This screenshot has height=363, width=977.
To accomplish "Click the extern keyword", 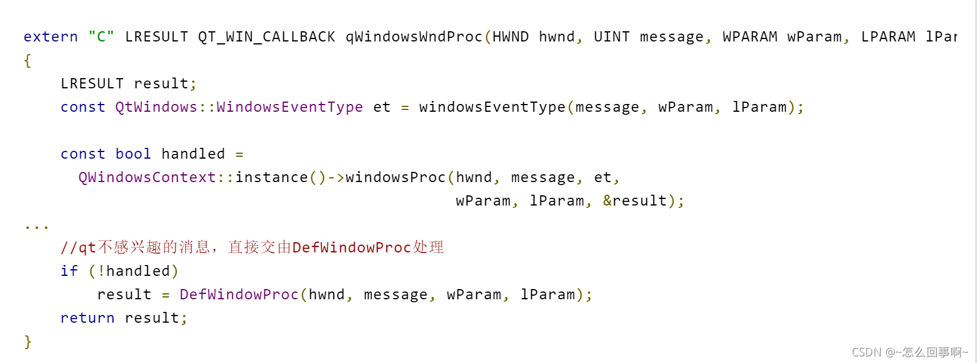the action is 50,37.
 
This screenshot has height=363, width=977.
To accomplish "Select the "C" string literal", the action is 101,37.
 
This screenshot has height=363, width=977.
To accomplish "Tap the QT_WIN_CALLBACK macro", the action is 266,37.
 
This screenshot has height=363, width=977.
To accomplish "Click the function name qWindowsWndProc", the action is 414,37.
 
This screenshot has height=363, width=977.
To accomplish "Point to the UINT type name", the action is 612,37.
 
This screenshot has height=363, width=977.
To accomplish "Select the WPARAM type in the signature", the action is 750,37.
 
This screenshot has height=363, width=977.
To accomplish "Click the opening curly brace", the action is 28,60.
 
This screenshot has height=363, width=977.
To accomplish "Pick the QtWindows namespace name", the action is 156,107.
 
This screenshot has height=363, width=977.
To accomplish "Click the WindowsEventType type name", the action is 289,107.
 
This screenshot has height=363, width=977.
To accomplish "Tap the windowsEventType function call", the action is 492,107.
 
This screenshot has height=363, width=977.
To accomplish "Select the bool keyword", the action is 133,154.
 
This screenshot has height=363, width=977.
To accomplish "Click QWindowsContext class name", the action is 147,177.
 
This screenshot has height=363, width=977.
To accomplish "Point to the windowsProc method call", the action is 395,177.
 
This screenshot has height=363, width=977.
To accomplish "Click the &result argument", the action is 635,201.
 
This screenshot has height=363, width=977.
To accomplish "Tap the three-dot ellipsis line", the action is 37,227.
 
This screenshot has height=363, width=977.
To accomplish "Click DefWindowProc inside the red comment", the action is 351,248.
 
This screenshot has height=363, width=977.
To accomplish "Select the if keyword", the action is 69,271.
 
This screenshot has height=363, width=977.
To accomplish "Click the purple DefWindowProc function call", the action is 239,294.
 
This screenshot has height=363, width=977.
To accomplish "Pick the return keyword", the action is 87,318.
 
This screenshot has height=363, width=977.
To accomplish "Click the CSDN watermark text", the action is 910,352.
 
